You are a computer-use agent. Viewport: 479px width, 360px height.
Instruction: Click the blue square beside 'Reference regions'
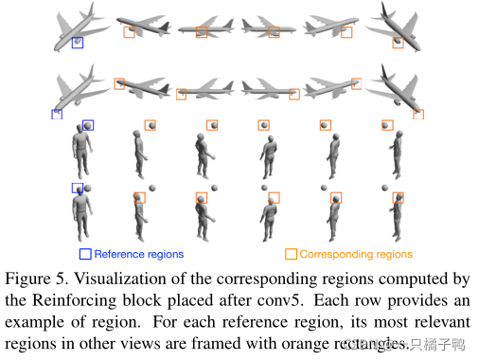tap(85, 254)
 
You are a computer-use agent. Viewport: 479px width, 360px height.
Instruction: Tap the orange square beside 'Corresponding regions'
tap(291, 254)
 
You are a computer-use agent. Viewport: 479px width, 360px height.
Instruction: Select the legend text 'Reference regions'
tap(138, 254)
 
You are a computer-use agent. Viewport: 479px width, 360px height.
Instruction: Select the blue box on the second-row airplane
tap(57, 114)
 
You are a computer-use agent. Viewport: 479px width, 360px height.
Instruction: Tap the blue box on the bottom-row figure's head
tap(77, 188)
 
